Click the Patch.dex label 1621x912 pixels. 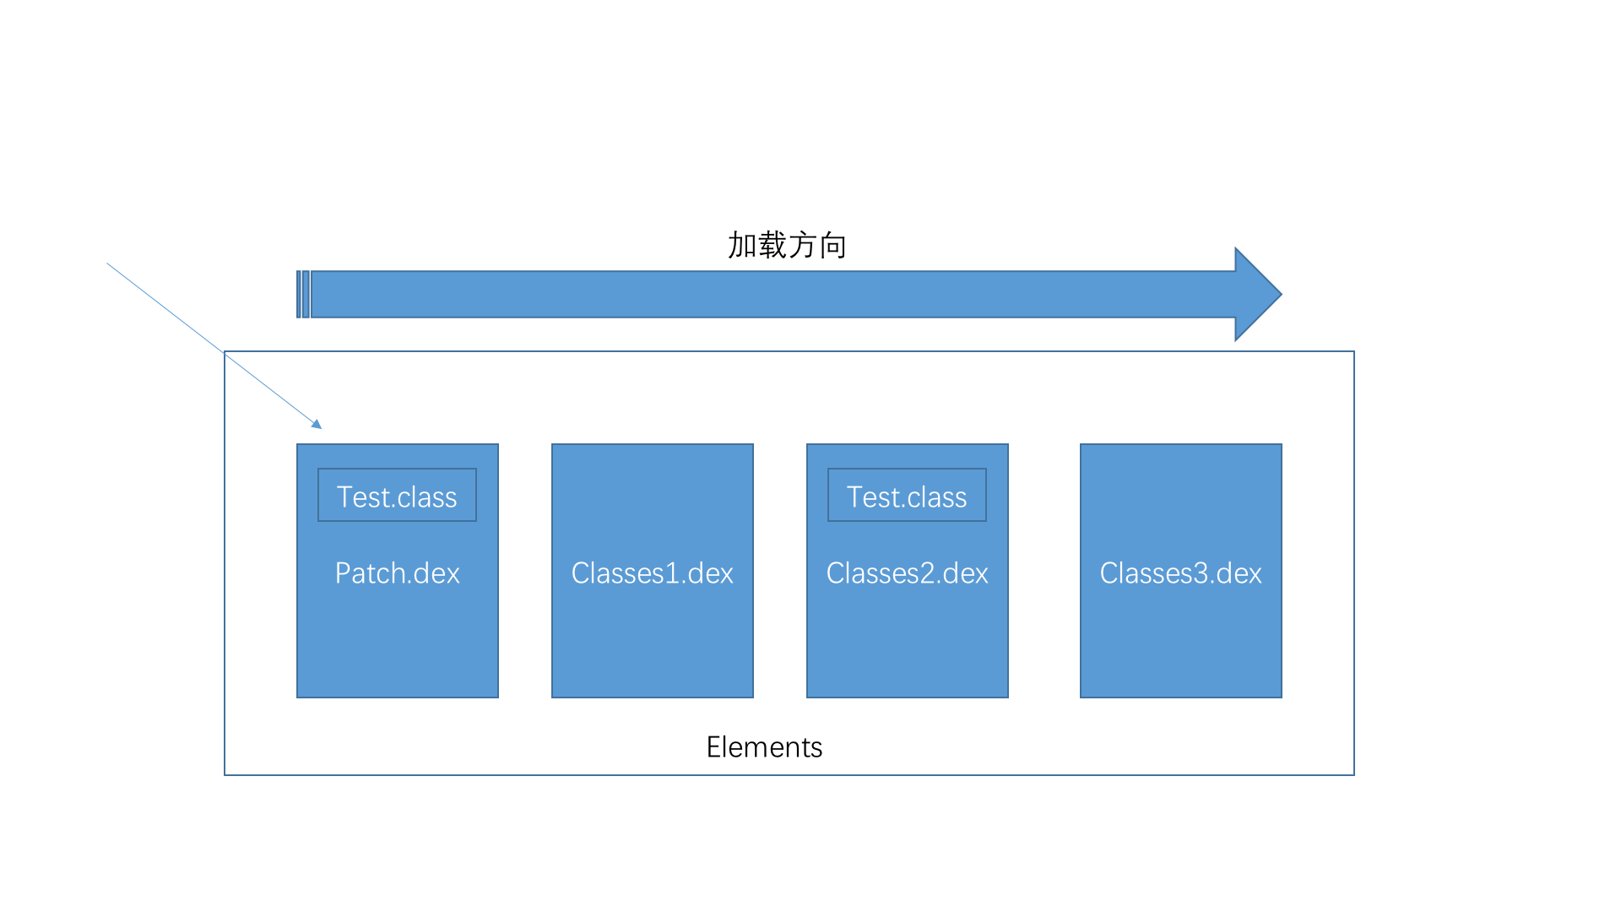[x=397, y=573]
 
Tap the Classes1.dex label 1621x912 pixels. [x=652, y=573]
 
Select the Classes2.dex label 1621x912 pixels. [x=907, y=573]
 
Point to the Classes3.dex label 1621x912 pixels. [x=1180, y=573]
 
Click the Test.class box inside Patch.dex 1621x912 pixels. [x=397, y=496]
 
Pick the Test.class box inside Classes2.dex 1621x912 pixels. [x=907, y=496]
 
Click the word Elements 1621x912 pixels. [x=764, y=747]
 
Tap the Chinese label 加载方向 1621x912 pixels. [x=787, y=245]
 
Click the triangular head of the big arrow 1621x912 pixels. [x=1257, y=294]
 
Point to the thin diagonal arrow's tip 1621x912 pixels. [x=319, y=426]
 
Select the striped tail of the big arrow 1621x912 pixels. [x=303, y=294]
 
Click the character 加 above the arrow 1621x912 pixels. [x=742, y=245]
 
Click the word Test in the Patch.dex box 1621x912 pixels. [x=363, y=497]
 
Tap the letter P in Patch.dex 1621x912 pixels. [x=343, y=573]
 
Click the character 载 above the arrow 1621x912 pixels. [x=773, y=245]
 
